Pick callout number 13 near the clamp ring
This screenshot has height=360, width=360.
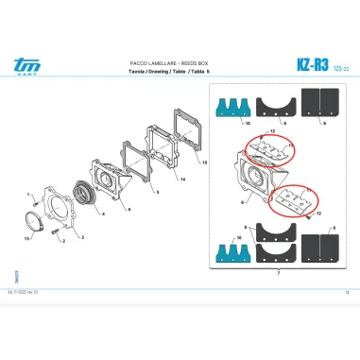[27, 239]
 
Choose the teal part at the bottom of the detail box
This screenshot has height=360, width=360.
[233, 248]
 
